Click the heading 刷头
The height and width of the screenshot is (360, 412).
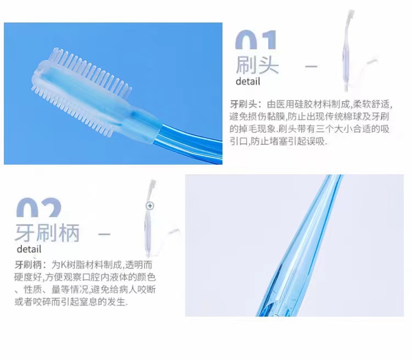click(x=257, y=65)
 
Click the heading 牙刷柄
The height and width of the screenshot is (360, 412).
click(x=47, y=233)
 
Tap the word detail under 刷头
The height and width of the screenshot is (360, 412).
click(x=248, y=82)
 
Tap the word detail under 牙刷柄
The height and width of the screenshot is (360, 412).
click(x=29, y=250)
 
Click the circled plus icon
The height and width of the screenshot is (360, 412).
click(x=150, y=205)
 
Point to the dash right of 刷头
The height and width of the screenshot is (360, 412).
click(x=311, y=67)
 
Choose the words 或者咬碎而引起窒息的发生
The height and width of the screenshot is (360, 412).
click(x=71, y=302)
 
